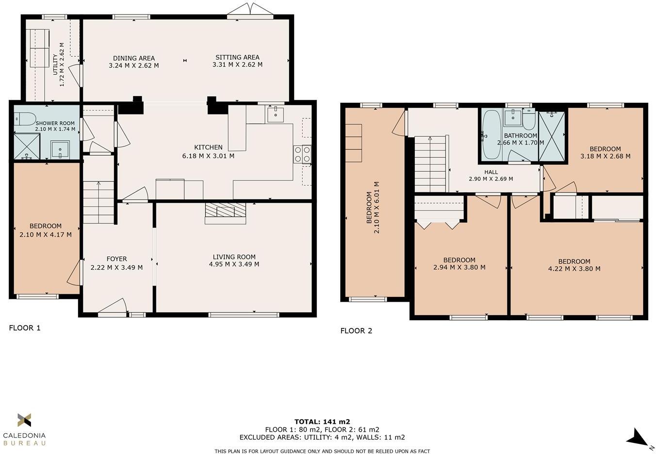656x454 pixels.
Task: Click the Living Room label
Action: coord(234,257)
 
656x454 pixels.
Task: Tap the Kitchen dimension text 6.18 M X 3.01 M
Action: coord(208,156)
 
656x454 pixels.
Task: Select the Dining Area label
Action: coord(133,58)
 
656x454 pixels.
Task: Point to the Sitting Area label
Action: coord(237,57)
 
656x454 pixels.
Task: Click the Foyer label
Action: coord(116,259)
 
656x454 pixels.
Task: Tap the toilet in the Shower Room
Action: coord(25,118)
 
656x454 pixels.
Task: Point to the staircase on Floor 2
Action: coord(430,165)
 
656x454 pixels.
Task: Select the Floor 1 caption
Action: coord(25,328)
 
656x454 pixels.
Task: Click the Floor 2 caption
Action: coord(356,331)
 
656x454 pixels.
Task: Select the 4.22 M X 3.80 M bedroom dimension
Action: coord(574,269)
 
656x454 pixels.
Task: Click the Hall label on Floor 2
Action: coord(491,172)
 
